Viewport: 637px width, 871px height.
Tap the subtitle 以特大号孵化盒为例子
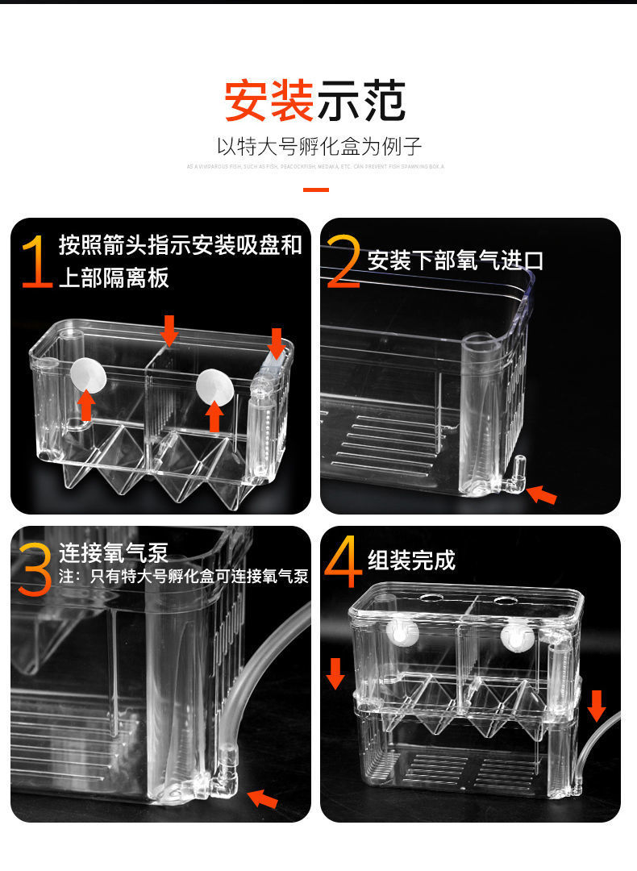tap(318, 147)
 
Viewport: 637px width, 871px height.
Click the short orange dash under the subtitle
tap(316, 190)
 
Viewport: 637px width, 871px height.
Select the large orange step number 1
tap(37, 261)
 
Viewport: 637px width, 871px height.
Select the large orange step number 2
tap(343, 261)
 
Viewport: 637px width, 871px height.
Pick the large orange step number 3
tap(35, 569)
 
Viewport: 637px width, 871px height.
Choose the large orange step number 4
tap(343, 565)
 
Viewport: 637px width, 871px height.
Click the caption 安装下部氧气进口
tap(456, 260)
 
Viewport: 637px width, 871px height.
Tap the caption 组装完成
tap(411, 560)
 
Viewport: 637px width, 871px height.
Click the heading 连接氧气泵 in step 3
tap(113, 553)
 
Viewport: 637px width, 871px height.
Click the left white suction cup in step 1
tap(84, 374)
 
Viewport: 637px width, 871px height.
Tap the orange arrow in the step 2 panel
tap(542, 494)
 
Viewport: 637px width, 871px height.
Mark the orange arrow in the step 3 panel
tap(263, 798)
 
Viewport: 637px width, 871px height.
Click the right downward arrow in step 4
tap(596, 705)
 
